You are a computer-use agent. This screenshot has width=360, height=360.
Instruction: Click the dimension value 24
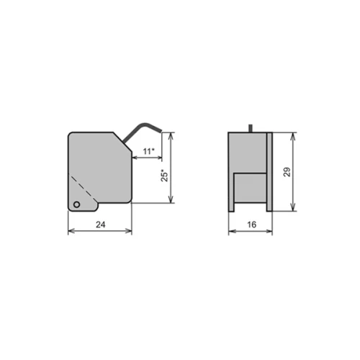[101, 225]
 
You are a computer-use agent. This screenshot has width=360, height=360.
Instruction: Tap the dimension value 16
[251, 225]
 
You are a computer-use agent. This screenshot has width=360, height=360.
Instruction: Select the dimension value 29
[287, 172]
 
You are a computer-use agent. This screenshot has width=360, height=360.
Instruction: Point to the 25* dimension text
[165, 176]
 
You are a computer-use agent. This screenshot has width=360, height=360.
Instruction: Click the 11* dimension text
[148, 151]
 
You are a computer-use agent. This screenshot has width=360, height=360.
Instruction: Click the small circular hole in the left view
[77, 204]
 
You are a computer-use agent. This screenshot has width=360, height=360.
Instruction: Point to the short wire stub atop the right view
[251, 128]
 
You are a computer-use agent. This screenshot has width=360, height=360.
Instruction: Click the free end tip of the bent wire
[161, 131]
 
